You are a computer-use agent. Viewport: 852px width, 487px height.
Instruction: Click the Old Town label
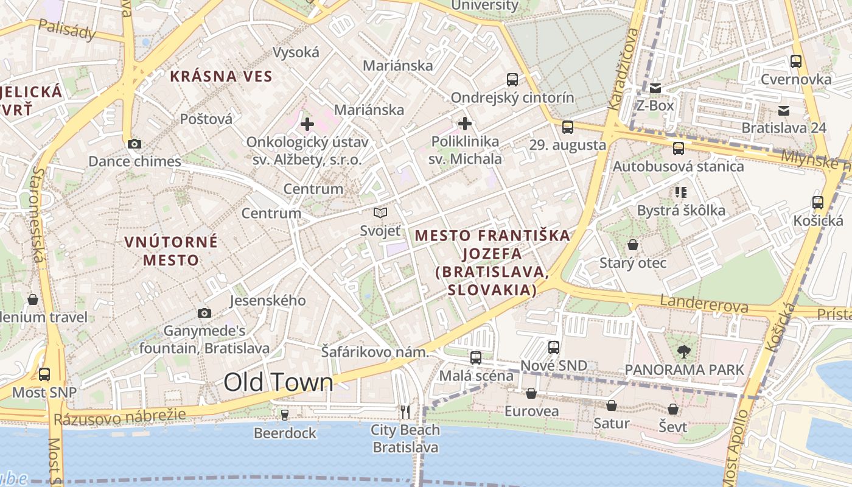pos(278,382)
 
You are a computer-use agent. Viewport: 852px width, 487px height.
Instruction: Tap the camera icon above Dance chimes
pos(134,144)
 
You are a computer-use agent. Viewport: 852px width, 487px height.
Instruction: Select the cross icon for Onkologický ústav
pos(307,125)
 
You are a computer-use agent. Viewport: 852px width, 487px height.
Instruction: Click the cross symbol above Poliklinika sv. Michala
pos(465,124)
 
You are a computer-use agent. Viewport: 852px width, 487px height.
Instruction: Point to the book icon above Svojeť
pos(380,213)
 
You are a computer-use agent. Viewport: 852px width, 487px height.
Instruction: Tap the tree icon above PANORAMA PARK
pos(684,351)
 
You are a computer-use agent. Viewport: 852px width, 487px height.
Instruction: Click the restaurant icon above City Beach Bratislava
pos(405,412)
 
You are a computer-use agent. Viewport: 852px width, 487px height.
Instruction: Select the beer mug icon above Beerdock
pos(284,415)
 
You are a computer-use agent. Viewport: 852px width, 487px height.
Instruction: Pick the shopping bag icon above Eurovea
pos(531,393)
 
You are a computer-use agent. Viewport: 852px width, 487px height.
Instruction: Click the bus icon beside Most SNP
pos(44,374)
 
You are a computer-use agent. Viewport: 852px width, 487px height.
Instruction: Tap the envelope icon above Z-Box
pos(655,88)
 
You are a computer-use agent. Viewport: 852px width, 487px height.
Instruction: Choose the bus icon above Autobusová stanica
pos(678,149)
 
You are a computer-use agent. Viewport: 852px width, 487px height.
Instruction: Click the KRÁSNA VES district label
pos(221,77)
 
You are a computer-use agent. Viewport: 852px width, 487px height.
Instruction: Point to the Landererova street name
pos(704,304)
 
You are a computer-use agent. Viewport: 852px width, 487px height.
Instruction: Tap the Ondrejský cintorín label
pos(512,98)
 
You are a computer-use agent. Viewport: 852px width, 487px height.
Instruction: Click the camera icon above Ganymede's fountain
pos(204,314)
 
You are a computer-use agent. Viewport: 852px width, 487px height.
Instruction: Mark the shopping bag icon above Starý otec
pos(633,245)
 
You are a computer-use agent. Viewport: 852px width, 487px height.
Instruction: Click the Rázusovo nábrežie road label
pos(119,418)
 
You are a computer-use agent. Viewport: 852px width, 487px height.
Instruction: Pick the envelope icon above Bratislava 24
pos(784,111)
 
